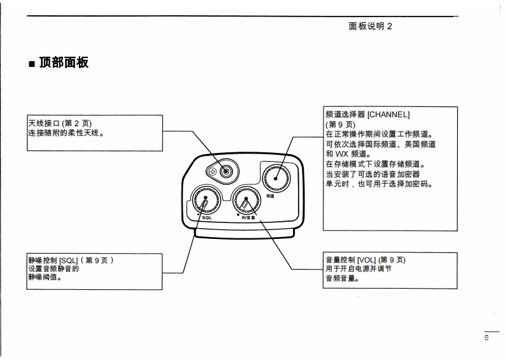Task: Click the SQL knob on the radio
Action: (x=204, y=201)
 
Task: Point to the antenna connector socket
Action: (x=225, y=171)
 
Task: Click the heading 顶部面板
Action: (x=64, y=62)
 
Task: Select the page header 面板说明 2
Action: (x=370, y=26)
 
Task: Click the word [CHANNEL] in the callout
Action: (x=388, y=115)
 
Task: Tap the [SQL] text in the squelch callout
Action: (x=69, y=261)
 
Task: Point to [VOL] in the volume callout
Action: (x=367, y=260)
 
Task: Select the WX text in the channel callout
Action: (x=343, y=154)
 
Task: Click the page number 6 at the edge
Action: (x=487, y=338)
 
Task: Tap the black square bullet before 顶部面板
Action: (x=31, y=64)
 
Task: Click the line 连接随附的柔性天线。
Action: (x=65, y=133)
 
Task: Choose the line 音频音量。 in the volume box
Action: (x=342, y=278)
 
